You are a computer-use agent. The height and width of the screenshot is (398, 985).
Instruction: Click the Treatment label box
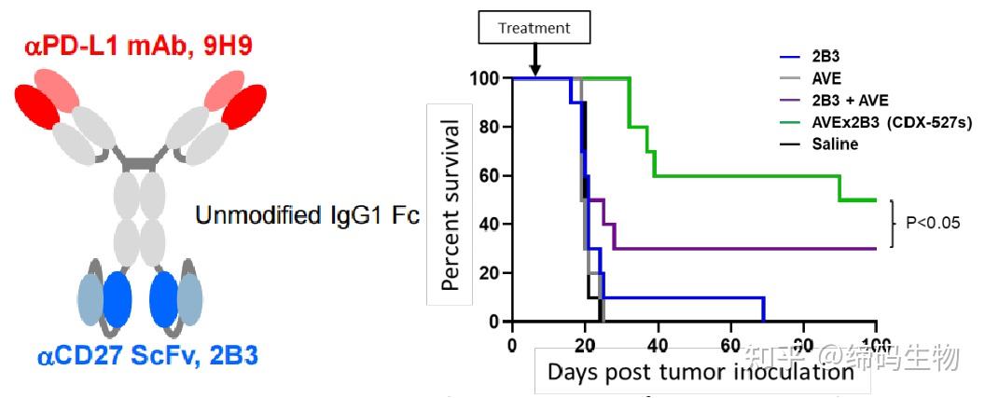tap(534, 28)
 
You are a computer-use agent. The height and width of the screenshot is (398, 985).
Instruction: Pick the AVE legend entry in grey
tap(825, 78)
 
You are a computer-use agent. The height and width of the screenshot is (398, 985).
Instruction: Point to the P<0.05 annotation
tap(935, 223)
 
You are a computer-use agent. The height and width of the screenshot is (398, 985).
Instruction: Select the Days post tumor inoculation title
tap(701, 372)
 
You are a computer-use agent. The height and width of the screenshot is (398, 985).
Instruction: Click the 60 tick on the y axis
tap(490, 175)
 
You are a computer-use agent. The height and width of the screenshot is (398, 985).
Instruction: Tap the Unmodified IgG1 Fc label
tap(307, 216)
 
